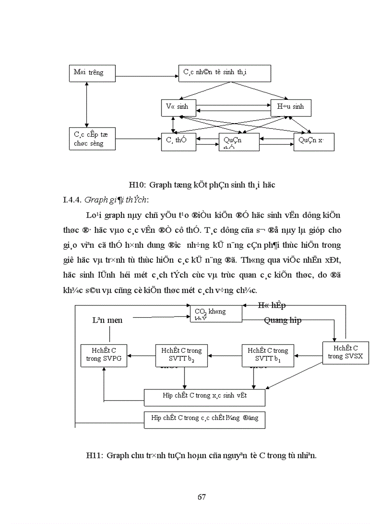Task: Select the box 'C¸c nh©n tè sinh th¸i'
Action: [x=225, y=73]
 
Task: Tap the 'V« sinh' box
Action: [x=177, y=107]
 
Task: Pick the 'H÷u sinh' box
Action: [x=290, y=107]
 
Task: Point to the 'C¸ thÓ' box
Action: [x=177, y=142]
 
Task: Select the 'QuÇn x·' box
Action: [x=314, y=142]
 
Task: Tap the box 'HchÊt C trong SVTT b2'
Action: [x=182, y=356]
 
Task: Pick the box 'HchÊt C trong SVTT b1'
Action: [x=268, y=356]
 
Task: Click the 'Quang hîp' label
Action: [x=282, y=320]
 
